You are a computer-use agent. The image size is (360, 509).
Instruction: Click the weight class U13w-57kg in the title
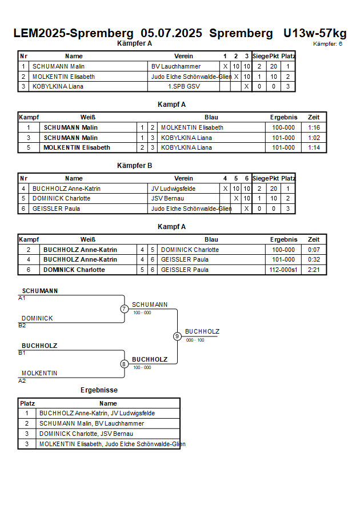[315, 33]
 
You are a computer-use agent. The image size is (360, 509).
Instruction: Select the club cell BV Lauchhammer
[176, 66]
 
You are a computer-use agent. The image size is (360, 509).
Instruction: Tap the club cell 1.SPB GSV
[184, 87]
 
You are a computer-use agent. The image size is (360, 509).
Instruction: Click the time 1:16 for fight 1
[314, 127]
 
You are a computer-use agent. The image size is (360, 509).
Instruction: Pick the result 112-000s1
[283, 270]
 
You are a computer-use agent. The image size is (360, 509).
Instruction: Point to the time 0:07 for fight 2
[314, 250]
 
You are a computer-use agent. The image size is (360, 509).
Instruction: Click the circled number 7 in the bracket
[125, 308]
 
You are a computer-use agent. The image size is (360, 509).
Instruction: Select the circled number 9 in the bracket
[177, 336]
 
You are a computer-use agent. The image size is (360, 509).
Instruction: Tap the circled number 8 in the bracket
[124, 364]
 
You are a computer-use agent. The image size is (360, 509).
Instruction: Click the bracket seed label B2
[22, 326]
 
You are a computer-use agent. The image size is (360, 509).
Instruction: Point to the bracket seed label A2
[22, 381]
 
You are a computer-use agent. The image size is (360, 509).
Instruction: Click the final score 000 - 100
[195, 340]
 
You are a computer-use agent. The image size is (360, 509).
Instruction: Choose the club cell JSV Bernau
[167, 198]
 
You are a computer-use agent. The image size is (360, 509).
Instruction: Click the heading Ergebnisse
[99, 390]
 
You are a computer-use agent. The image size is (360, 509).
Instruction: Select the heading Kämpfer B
[134, 166]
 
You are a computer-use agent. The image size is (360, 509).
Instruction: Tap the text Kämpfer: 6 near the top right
[327, 44]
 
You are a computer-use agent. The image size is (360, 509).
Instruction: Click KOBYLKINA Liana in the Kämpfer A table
[58, 87]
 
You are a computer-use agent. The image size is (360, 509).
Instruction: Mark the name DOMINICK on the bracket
[37, 318]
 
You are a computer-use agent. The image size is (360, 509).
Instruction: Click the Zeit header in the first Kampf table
[314, 117]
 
